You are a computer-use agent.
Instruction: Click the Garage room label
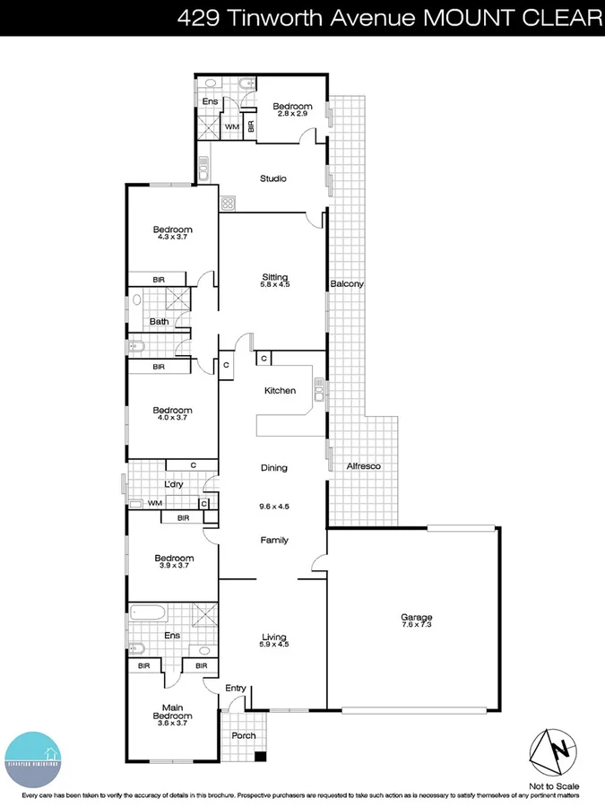[x=417, y=617]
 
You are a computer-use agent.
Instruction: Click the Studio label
[x=273, y=178]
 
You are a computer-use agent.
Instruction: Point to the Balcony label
[x=347, y=284]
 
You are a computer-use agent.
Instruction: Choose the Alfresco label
[x=364, y=467]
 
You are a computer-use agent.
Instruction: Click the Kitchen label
[x=280, y=391]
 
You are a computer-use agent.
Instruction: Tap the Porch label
[x=243, y=735]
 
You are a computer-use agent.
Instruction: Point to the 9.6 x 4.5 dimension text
[x=274, y=506]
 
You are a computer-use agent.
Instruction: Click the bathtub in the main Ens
[x=148, y=615]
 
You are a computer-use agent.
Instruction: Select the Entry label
[x=236, y=688]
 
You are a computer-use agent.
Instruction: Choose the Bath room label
[x=160, y=322]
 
